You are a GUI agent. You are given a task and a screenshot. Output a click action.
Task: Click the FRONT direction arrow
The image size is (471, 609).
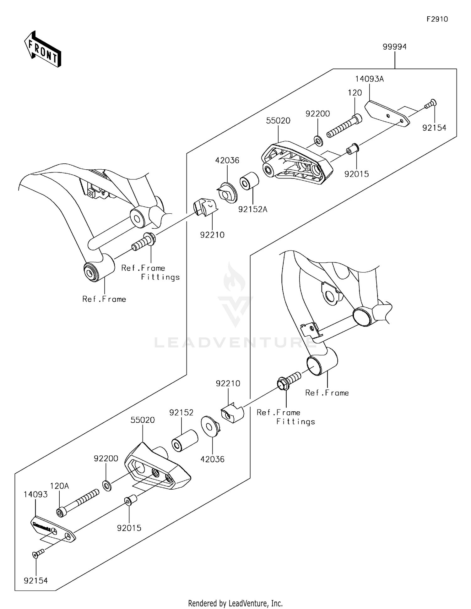click(x=42, y=50)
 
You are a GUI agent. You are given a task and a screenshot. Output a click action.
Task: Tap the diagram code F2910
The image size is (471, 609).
click(x=437, y=19)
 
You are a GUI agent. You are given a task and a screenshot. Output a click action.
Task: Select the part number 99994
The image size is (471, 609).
click(x=394, y=47)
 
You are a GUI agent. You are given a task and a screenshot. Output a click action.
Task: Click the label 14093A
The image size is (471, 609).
click(x=369, y=79)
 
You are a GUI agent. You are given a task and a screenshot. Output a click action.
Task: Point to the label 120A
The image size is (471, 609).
click(x=59, y=486)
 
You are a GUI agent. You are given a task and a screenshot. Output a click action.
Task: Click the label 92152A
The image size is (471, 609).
click(x=252, y=209)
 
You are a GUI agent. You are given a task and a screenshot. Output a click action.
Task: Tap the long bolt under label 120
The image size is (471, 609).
click(x=344, y=126)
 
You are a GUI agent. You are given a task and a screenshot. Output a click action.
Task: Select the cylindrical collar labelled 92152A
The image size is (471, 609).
click(x=249, y=181)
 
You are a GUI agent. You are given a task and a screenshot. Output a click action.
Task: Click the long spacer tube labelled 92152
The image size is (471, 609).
click(x=185, y=441)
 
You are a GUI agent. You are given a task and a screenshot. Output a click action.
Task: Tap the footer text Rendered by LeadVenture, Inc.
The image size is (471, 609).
click(x=235, y=603)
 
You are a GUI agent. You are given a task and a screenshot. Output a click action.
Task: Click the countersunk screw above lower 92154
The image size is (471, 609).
click(x=38, y=553)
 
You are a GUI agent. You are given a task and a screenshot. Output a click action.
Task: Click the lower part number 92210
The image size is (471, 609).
click(x=228, y=384)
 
